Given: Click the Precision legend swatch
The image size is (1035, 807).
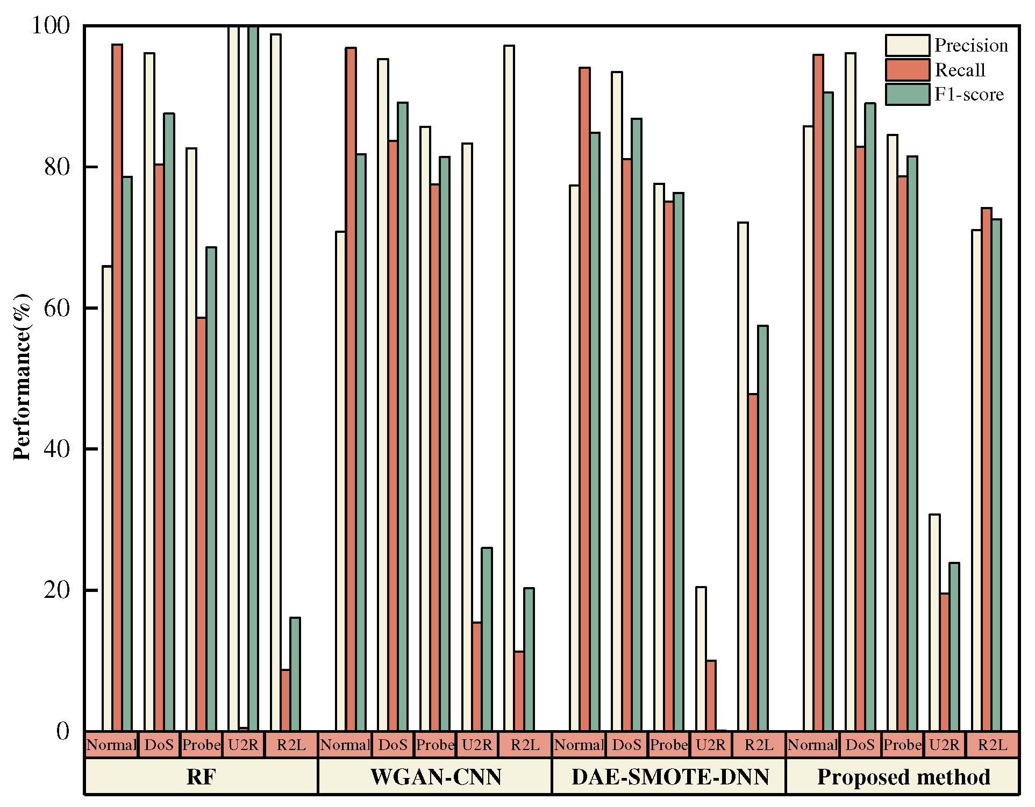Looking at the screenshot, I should (907, 45).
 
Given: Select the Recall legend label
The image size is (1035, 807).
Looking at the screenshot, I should (960, 70).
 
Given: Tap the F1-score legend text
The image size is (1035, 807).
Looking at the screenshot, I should (969, 94).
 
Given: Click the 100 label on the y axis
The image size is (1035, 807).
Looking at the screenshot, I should (51, 25).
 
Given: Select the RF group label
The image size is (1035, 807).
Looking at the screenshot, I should (201, 777).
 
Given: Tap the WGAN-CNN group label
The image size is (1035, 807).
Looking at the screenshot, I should (436, 777).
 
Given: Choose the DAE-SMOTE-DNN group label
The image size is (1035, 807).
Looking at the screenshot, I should (670, 777).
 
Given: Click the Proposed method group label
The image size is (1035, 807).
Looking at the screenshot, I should (903, 777).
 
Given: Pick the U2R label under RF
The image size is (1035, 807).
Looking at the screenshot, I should (243, 745).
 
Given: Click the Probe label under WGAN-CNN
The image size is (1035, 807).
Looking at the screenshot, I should (435, 745).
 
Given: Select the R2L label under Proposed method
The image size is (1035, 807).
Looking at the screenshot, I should (992, 745).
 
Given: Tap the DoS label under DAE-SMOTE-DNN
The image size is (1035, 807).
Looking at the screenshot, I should (626, 745).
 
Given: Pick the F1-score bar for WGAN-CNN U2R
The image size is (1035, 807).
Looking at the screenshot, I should (487, 639).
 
